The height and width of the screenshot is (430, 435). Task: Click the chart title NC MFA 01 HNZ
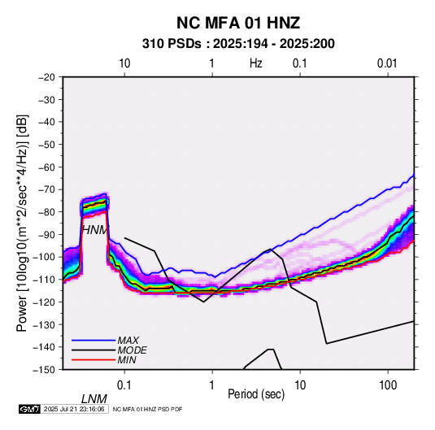[238, 23]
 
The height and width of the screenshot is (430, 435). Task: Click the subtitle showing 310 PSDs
[238, 44]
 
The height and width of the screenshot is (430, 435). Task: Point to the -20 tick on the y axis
[46, 77]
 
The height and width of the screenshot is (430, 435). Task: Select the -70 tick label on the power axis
[46, 189]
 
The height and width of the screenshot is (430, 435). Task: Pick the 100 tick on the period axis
[388, 385]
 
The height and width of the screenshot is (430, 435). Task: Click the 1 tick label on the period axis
[212, 385]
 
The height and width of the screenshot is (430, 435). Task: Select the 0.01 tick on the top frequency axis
[387, 63]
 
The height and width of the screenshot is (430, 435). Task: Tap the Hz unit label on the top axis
[256, 63]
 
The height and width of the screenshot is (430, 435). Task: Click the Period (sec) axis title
[256, 394]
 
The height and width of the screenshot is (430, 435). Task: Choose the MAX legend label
[128, 341]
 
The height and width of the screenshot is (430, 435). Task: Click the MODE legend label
[132, 350]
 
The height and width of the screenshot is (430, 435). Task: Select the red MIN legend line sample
[94, 360]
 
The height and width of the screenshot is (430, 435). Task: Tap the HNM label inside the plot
[95, 230]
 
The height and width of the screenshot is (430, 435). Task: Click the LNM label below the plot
[94, 399]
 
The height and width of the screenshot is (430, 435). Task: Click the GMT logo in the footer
[30, 409]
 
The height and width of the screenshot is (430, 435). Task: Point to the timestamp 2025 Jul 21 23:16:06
[74, 409]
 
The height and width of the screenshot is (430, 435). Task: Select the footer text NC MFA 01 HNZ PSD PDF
[148, 409]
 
